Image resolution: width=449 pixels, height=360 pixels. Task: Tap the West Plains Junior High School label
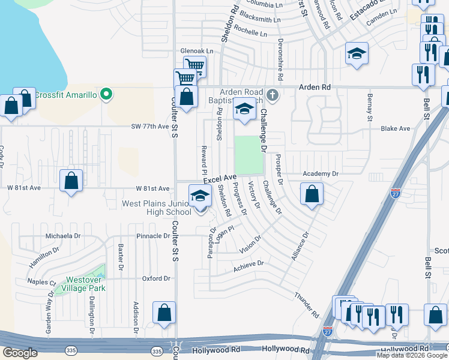pos(156,208)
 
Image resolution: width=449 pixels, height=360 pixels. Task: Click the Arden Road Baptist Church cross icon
pos(272,95)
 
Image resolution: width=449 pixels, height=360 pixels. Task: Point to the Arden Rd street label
pos(317,87)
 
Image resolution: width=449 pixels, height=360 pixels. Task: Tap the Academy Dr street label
pos(321,173)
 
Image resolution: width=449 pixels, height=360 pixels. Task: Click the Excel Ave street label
pos(220,179)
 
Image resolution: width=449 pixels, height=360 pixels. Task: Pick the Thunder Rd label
pos(306,305)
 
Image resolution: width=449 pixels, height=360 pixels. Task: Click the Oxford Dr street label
pos(156,278)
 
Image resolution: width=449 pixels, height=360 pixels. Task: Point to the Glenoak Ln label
pos(197,52)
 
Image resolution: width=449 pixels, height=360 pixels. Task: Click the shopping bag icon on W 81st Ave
pos(71,181)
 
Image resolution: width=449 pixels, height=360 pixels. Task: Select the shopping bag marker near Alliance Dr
pos(312,194)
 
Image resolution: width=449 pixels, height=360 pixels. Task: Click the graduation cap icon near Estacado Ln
pos(357,54)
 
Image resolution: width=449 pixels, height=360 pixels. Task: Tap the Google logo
pos(20,353)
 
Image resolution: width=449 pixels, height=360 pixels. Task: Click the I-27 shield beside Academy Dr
pos(395,194)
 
